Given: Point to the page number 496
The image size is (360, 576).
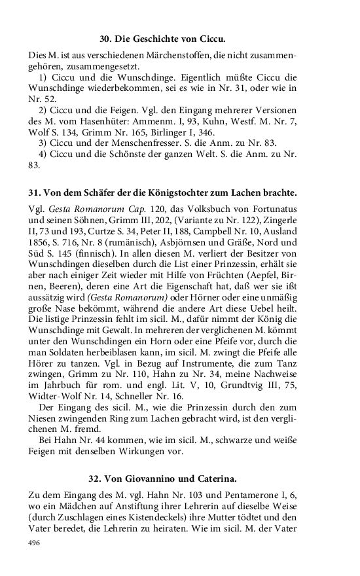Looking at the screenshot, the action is click(x=36, y=543).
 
